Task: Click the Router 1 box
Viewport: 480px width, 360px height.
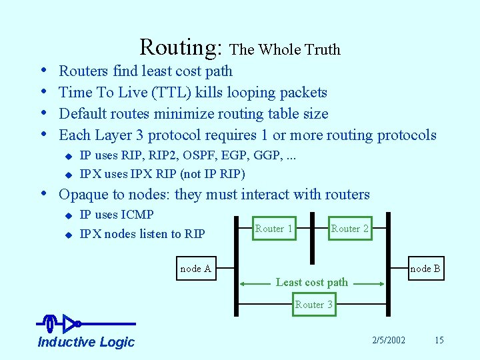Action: click(274, 229)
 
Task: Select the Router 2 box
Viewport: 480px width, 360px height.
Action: click(350, 229)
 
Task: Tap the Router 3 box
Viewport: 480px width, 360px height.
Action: click(313, 305)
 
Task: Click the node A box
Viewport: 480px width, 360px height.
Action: click(195, 269)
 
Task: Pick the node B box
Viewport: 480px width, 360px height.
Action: click(425, 269)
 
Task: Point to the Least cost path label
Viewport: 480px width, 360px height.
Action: click(312, 282)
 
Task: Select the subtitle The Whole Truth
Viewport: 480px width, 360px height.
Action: click(285, 49)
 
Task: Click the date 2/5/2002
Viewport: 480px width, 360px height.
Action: click(389, 340)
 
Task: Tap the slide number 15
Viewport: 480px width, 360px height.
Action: click(439, 340)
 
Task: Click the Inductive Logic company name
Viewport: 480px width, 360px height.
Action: click(86, 342)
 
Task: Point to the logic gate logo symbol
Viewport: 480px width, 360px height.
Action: click(63, 324)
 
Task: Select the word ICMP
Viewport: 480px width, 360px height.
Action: click(137, 215)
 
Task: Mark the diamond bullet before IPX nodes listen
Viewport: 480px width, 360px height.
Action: click(67, 235)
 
